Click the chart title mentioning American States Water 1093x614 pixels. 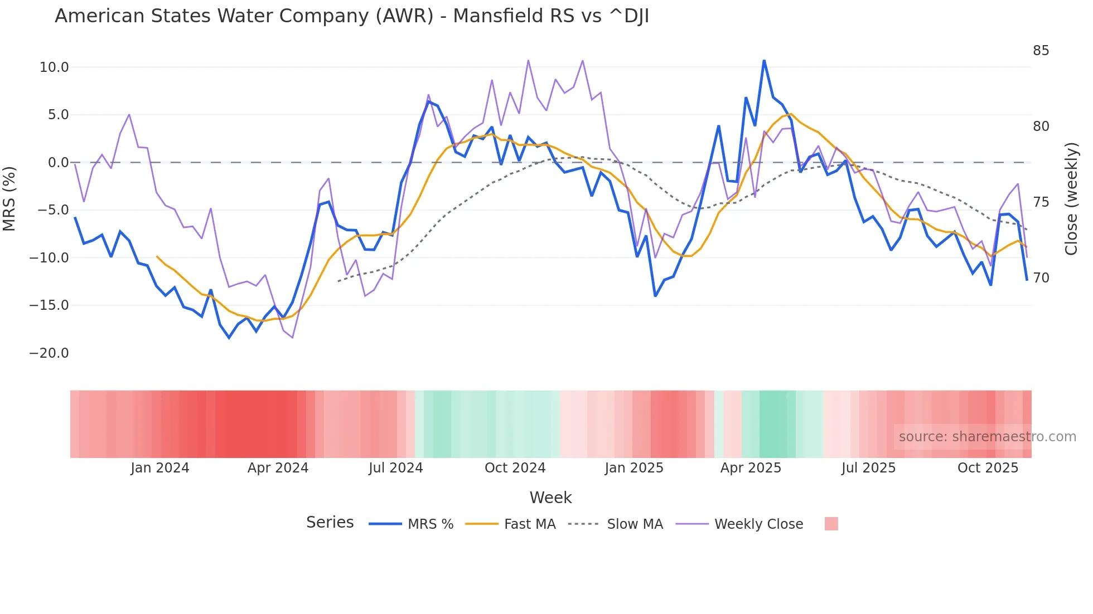(351, 16)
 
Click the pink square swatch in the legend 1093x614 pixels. (831, 524)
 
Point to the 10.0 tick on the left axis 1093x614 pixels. (54, 67)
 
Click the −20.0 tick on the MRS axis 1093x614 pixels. (49, 353)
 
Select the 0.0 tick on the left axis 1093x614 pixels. (58, 163)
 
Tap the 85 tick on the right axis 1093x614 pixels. (1041, 51)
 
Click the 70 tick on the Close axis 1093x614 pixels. (1041, 277)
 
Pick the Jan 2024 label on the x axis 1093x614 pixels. (160, 468)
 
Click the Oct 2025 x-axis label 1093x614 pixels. (988, 468)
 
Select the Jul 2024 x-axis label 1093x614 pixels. (395, 468)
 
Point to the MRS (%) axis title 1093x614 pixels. (9, 198)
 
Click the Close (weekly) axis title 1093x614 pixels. (1071, 199)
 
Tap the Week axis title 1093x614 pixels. (550, 498)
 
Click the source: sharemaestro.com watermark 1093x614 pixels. (987, 437)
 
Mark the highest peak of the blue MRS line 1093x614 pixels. (764, 60)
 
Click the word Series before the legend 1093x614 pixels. (330, 523)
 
